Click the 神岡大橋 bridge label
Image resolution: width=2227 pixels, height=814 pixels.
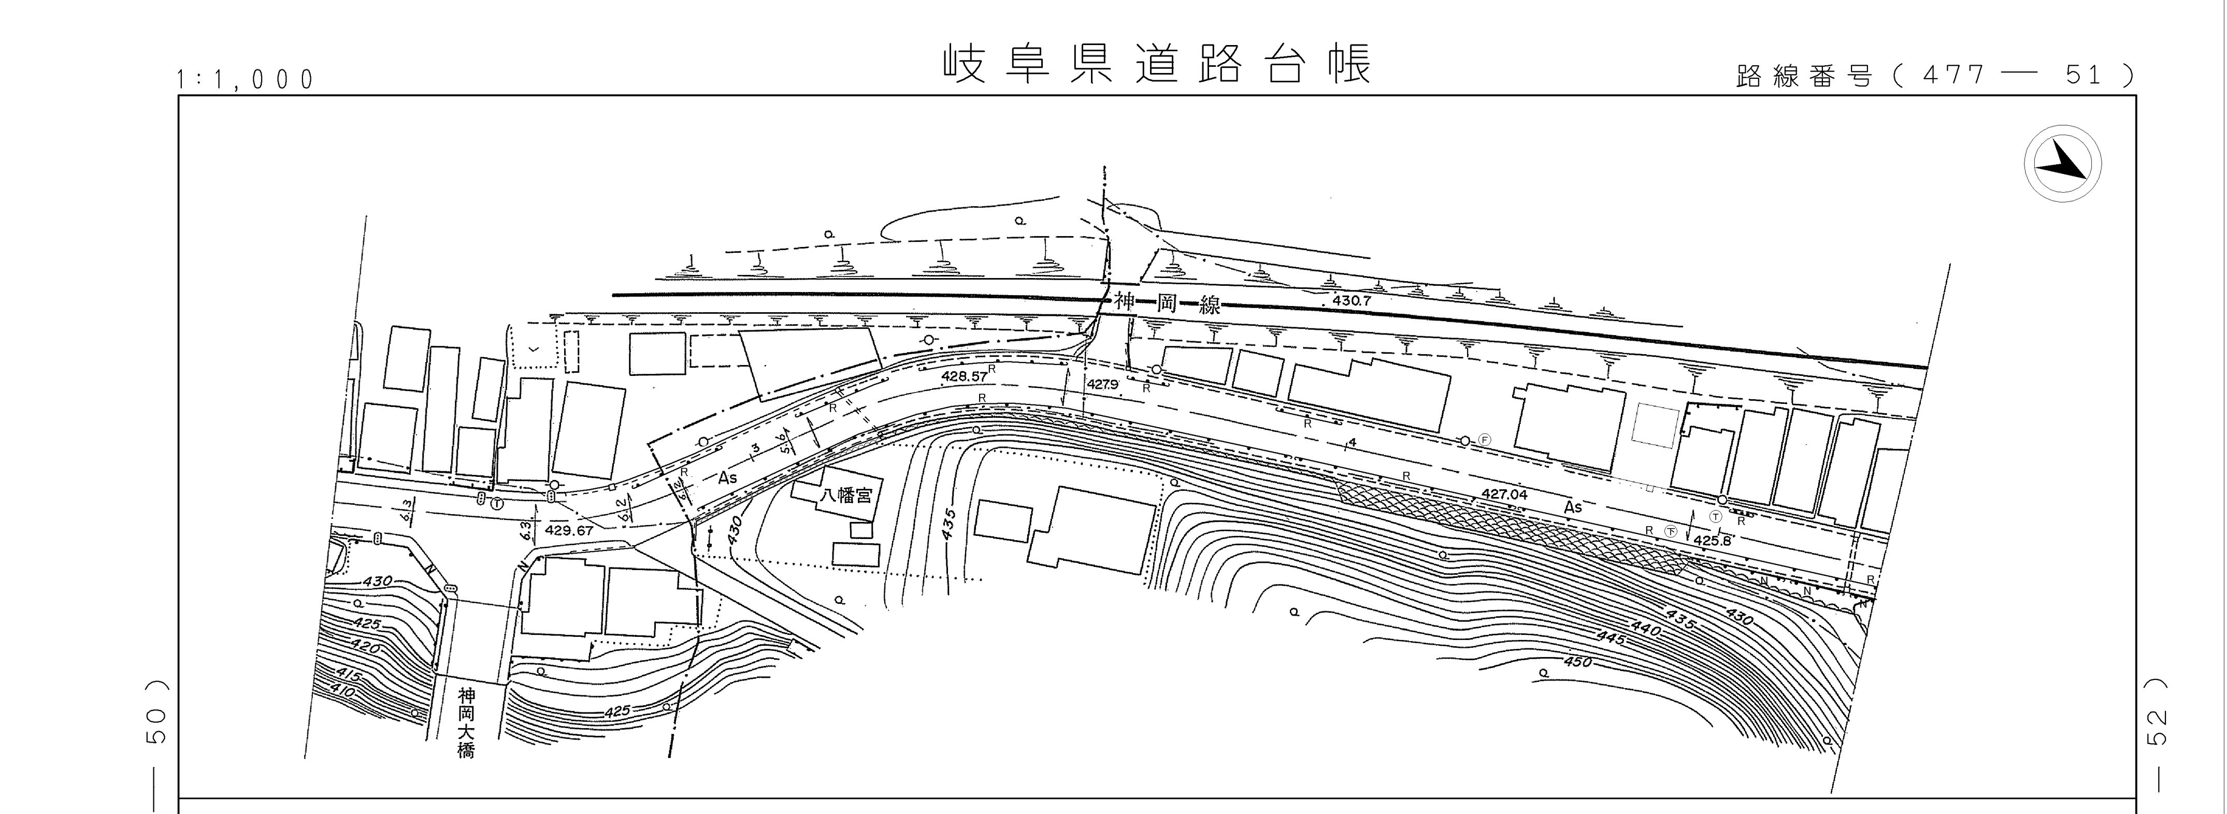tap(467, 722)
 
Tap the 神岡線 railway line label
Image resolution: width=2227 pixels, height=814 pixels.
tap(1166, 303)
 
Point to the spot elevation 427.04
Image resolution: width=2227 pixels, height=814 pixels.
tap(1504, 495)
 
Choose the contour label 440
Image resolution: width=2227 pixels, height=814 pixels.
tap(1645, 628)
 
